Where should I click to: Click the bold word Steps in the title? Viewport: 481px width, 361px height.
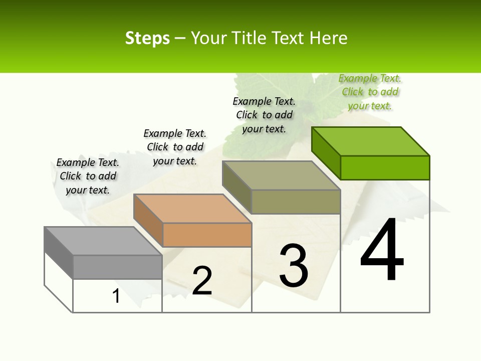[x=147, y=38]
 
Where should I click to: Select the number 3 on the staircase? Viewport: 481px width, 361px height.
[x=294, y=266]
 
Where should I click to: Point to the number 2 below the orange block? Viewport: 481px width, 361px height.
[x=202, y=281]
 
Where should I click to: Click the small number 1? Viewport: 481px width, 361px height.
[x=116, y=296]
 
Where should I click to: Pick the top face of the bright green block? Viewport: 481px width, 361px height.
[x=370, y=141]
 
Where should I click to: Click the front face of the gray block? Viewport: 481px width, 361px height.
[x=117, y=267]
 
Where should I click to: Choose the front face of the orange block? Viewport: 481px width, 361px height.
[x=207, y=235]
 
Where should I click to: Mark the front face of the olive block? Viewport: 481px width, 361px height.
[x=296, y=202]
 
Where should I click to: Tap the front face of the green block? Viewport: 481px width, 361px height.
[x=385, y=167]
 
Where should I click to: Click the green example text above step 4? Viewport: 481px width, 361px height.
[x=370, y=92]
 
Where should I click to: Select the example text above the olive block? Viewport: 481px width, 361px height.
[x=264, y=115]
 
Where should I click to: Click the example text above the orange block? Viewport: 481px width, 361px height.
[x=175, y=147]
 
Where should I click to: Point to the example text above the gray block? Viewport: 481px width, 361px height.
[x=88, y=176]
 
